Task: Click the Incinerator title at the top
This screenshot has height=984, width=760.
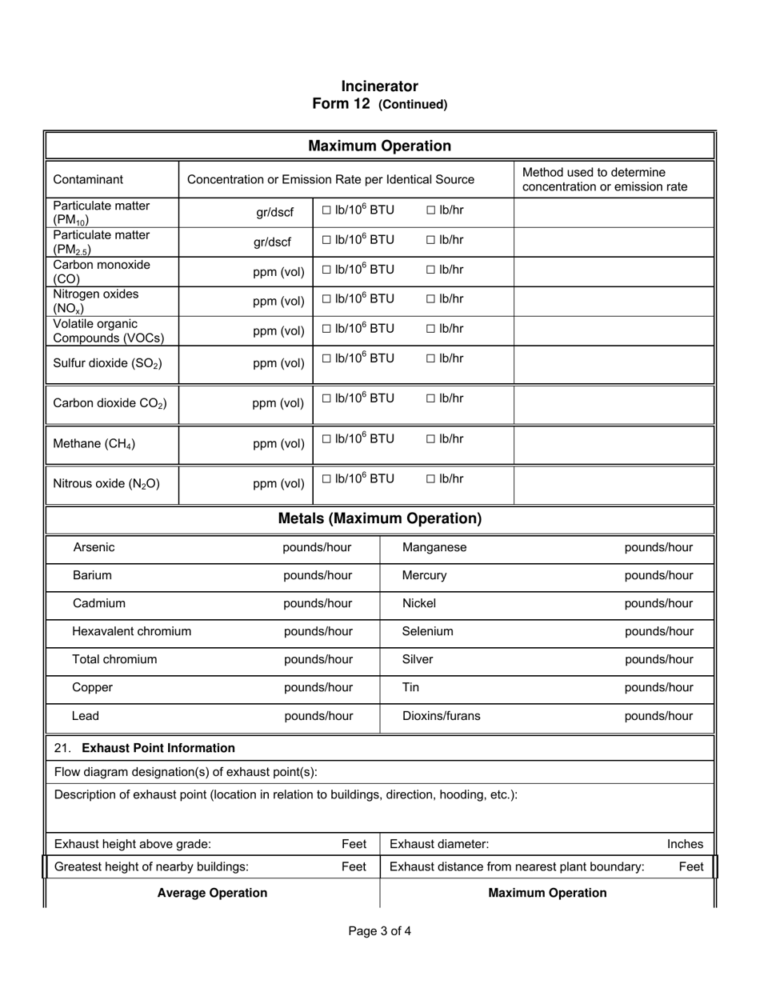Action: [x=379, y=86]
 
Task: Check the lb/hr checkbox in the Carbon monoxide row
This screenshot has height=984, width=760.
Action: [x=431, y=270]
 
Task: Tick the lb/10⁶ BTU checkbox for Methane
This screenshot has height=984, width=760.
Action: [x=326, y=439]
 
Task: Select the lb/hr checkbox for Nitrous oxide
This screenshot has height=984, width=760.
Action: [x=431, y=479]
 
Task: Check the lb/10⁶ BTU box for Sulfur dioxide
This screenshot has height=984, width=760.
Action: [x=326, y=358]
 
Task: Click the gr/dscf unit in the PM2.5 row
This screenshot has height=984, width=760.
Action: [x=274, y=242]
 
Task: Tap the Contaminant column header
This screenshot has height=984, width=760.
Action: [x=88, y=179]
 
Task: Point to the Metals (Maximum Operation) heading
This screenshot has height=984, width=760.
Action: [x=379, y=518]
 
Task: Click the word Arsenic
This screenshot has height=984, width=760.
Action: [x=94, y=547]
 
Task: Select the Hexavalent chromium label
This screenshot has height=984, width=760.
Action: [x=132, y=631]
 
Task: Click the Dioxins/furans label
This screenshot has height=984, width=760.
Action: [x=441, y=716]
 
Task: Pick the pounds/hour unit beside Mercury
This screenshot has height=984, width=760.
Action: [x=658, y=575]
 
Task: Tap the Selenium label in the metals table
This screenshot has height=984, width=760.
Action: [x=427, y=631]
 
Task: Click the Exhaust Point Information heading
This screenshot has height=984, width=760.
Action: [x=158, y=748]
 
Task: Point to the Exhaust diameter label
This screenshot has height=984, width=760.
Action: [x=439, y=844]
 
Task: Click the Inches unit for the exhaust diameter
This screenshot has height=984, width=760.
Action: [x=685, y=844]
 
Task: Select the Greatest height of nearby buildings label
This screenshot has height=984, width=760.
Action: [x=151, y=866]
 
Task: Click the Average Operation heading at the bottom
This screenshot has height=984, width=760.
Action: [x=212, y=893]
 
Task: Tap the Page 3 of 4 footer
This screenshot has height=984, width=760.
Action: [x=379, y=930]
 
